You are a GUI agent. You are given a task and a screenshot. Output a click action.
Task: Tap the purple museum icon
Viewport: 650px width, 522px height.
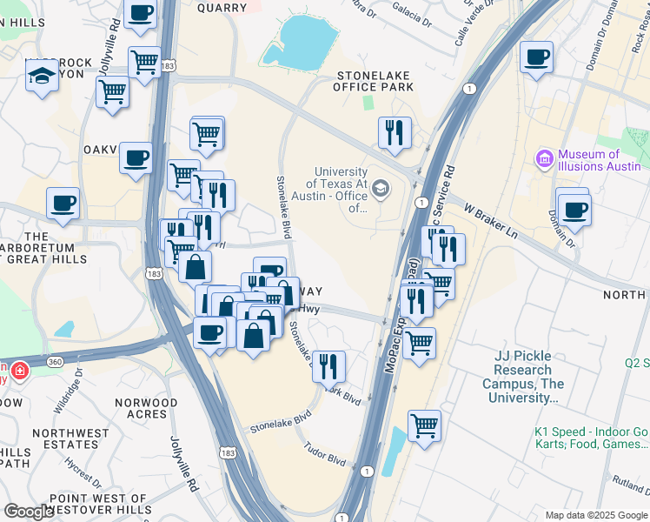tap(545, 159)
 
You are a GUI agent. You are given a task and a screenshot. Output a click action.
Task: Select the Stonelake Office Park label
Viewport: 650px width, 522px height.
tap(375, 81)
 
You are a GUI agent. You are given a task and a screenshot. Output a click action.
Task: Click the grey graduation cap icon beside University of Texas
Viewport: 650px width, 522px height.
tap(381, 189)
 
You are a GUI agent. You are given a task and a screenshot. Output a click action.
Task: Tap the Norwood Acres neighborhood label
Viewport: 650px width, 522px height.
tap(146, 408)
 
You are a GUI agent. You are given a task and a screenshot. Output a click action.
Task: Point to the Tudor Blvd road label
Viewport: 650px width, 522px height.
tap(324, 454)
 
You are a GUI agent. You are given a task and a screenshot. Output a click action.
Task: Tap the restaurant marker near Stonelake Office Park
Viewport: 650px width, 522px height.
tap(395, 133)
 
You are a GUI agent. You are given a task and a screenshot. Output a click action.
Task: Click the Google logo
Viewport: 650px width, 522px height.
tap(30, 512)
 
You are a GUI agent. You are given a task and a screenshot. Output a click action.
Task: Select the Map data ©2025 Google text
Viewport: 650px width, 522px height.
tap(595, 515)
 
